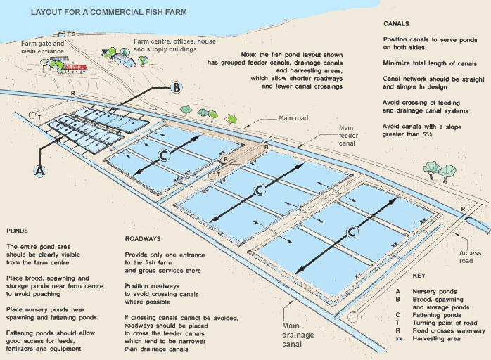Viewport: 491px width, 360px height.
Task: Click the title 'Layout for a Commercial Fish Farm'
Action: [108, 12]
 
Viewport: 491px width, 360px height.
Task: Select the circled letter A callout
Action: [40, 171]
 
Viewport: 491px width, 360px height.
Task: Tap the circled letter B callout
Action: [177, 87]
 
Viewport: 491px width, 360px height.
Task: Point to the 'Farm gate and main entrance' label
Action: [43, 48]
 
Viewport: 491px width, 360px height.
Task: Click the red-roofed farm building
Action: [75, 68]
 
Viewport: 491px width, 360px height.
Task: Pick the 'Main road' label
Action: [293, 118]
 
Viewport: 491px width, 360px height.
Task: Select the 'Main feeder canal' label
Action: [347, 136]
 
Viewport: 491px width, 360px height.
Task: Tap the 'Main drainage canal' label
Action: [298, 335]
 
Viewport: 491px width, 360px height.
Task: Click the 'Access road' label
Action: [470, 257]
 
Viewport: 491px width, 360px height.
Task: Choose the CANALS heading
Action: [396, 23]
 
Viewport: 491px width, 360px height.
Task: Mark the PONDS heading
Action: [17, 231]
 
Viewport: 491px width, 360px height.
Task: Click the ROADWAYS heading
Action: [143, 239]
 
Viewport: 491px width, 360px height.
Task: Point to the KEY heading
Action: [419, 276]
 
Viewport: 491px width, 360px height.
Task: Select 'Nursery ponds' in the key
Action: [434, 291]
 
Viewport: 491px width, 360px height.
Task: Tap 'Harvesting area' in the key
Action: [436, 338]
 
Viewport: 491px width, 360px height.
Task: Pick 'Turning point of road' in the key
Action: [445, 323]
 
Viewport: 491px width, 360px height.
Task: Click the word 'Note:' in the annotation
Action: [249, 55]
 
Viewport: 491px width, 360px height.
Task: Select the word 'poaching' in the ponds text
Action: [46, 294]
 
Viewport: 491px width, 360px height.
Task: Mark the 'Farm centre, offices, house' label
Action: [174, 41]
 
